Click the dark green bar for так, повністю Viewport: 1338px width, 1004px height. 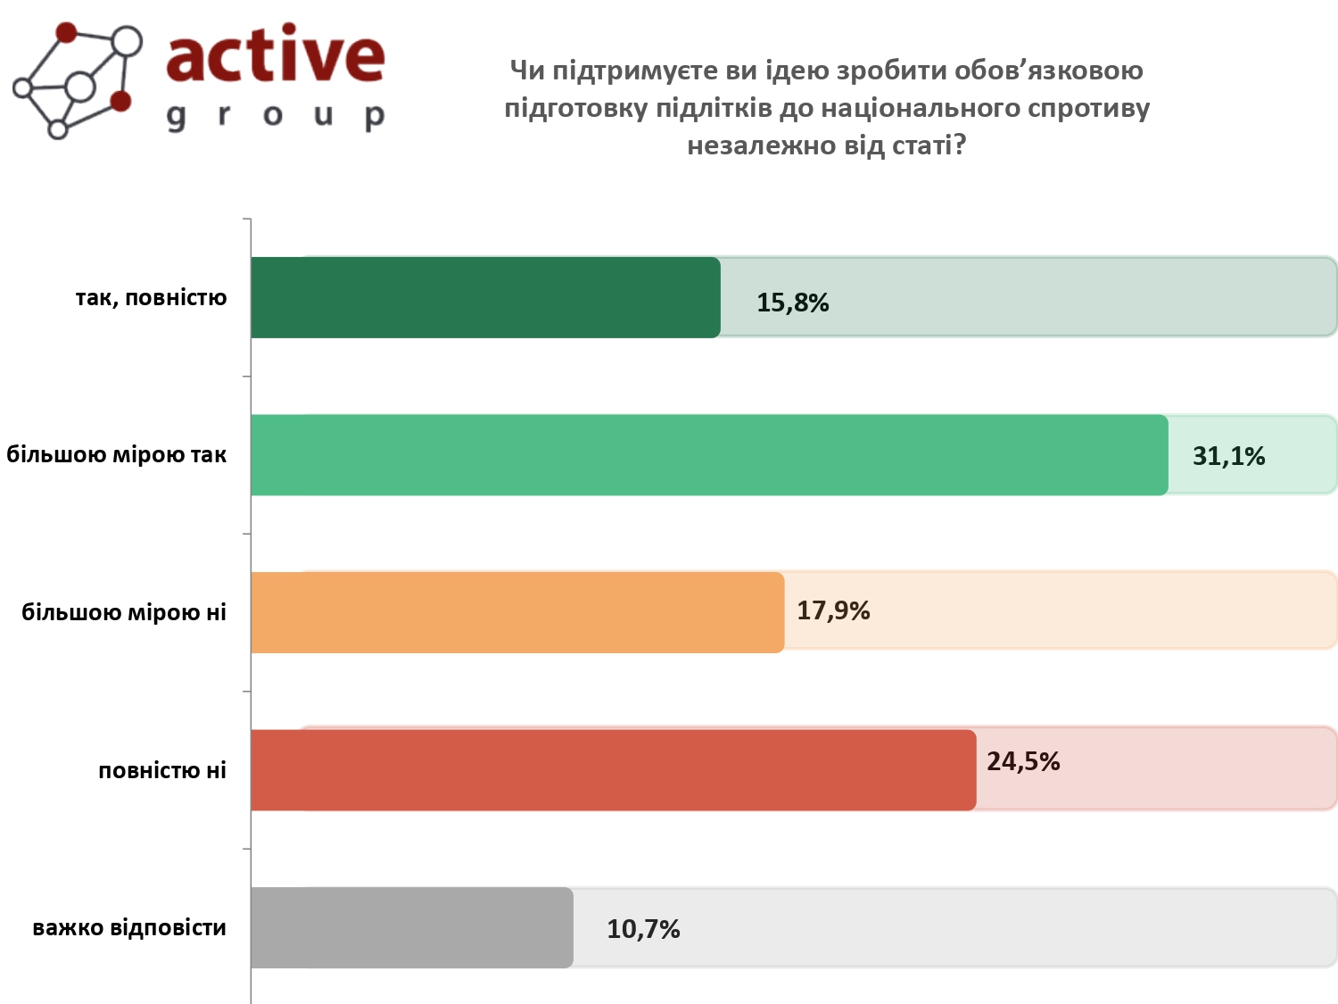click(485, 297)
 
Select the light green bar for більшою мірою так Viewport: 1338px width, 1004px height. click(709, 454)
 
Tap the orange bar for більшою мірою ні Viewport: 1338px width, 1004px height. click(517, 612)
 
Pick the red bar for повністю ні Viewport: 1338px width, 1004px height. click(613, 770)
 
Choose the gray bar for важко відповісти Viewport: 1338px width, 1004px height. click(411, 927)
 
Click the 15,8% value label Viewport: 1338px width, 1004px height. click(792, 303)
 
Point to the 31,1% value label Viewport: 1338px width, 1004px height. click(1228, 457)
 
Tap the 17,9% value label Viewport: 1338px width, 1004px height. click(833, 611)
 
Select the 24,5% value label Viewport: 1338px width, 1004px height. click(1023, 762)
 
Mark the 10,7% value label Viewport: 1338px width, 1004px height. click(643, 930)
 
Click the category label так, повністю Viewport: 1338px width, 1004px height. click(151, 298)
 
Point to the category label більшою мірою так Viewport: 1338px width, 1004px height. click(117, 455)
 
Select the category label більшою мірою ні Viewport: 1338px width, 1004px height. click(124, 613)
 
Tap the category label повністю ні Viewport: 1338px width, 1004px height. click(162, 771)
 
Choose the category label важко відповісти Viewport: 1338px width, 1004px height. click(129, 928)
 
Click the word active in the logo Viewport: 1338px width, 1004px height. click(276, 55)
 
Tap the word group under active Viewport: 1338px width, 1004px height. click(276, 116)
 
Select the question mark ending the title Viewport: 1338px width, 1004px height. click(960, 145)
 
